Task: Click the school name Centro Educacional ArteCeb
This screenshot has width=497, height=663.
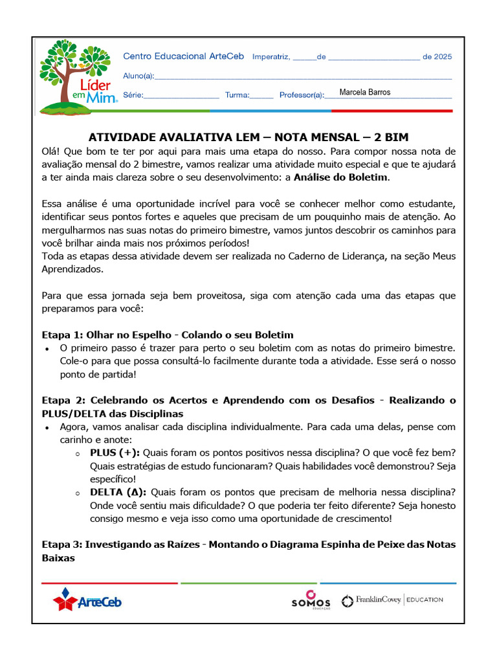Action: pos(183,57)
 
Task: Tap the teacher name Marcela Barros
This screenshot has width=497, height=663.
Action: pos(365,93)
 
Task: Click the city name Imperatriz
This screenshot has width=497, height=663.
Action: pos(271,57)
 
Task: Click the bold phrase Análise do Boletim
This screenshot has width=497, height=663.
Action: pos(341,177)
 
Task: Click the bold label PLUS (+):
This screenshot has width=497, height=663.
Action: pos(115,452)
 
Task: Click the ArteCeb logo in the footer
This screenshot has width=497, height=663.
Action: pos(87,600)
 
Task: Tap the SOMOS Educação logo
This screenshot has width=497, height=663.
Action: pos(311,600)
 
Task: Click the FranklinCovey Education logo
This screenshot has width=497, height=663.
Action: pos(392,600)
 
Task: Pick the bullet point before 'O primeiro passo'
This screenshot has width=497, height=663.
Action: pos(47,349)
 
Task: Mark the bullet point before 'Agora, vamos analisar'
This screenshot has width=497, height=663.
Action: pos(47,428)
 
